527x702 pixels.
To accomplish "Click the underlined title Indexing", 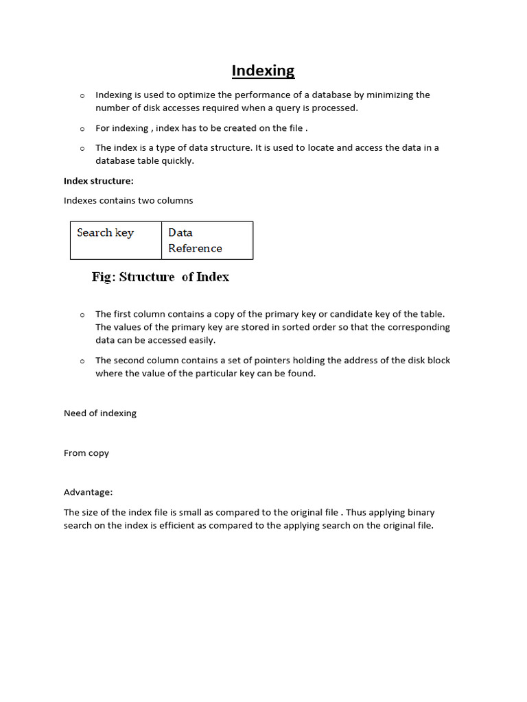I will [263, 71].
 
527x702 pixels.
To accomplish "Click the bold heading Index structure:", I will [99, 181].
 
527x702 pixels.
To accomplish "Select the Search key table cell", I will [115, 240].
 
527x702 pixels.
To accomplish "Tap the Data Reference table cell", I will [207, 240].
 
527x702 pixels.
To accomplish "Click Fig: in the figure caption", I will [104, 277].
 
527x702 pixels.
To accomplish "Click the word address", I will [347, 360].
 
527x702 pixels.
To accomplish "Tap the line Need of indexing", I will [100, 413].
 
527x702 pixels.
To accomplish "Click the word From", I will [75, 453].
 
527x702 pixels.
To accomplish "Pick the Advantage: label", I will [89, 492].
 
